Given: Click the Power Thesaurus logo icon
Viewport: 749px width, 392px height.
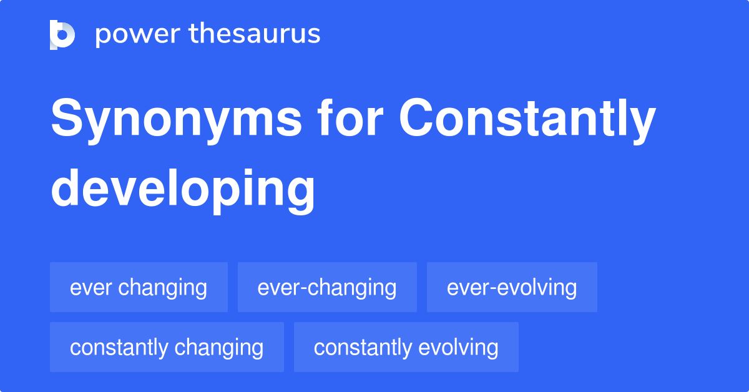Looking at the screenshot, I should point(62,34).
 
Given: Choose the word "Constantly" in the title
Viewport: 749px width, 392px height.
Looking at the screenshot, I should point(527,120).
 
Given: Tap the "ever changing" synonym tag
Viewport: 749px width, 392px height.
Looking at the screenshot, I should point(139,288).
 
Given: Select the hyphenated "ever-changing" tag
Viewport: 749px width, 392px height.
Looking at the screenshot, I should point(327,288).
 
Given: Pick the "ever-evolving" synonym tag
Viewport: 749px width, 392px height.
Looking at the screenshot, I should point(512,288).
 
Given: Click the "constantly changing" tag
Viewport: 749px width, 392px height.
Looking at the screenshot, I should point(167,348).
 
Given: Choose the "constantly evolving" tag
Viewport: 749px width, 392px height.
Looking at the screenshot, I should point(406,348).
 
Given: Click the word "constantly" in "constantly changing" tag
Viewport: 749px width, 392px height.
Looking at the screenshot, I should point(119,348).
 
